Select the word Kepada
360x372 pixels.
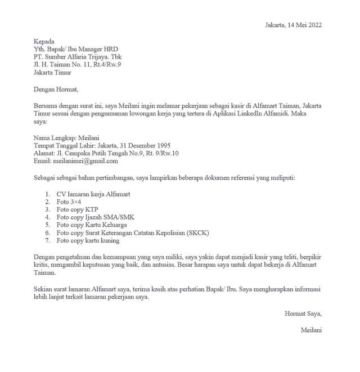click(x=44, y=42)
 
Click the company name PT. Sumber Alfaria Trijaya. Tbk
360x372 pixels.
click(x=77, y=57)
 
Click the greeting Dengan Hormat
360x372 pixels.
click(x=56, y=89)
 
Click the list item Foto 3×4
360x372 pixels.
click(x=69, y=202)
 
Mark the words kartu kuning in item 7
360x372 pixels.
click(x=102, y=240)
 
